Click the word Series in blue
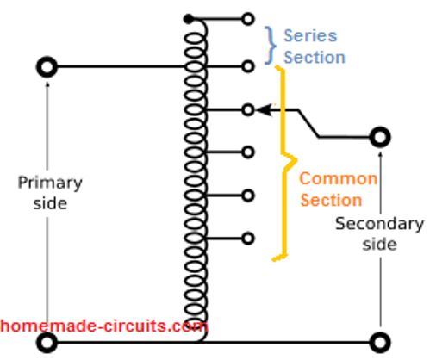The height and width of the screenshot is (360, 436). click(310, 36)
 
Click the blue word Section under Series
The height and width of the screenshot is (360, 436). click(315, 57)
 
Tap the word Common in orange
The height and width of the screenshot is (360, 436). click(338, 178)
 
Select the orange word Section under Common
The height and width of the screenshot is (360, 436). click(331, 200)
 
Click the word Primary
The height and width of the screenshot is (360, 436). click(50, 183)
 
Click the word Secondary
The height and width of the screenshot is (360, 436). click(379, 224)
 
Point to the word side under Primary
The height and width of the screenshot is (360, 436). click(50, 203)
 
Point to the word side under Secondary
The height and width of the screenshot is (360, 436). click(379, 245)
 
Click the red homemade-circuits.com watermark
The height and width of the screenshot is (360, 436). click(103, 326)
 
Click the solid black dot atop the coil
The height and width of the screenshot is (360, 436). click(189, 19)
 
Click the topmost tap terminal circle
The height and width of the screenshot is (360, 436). click(248, 19)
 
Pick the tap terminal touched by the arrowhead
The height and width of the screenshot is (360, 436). click(248, 110)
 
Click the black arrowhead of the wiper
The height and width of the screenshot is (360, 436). click(264, 110)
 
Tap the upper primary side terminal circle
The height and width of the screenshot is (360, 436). click(47, 67)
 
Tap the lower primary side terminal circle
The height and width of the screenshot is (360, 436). click(47, 343)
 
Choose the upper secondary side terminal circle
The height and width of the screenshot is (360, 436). click(380, 137)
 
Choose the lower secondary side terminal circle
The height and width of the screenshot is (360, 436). click(380, 343)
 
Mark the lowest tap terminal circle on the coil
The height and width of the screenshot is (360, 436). click(248, 239)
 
